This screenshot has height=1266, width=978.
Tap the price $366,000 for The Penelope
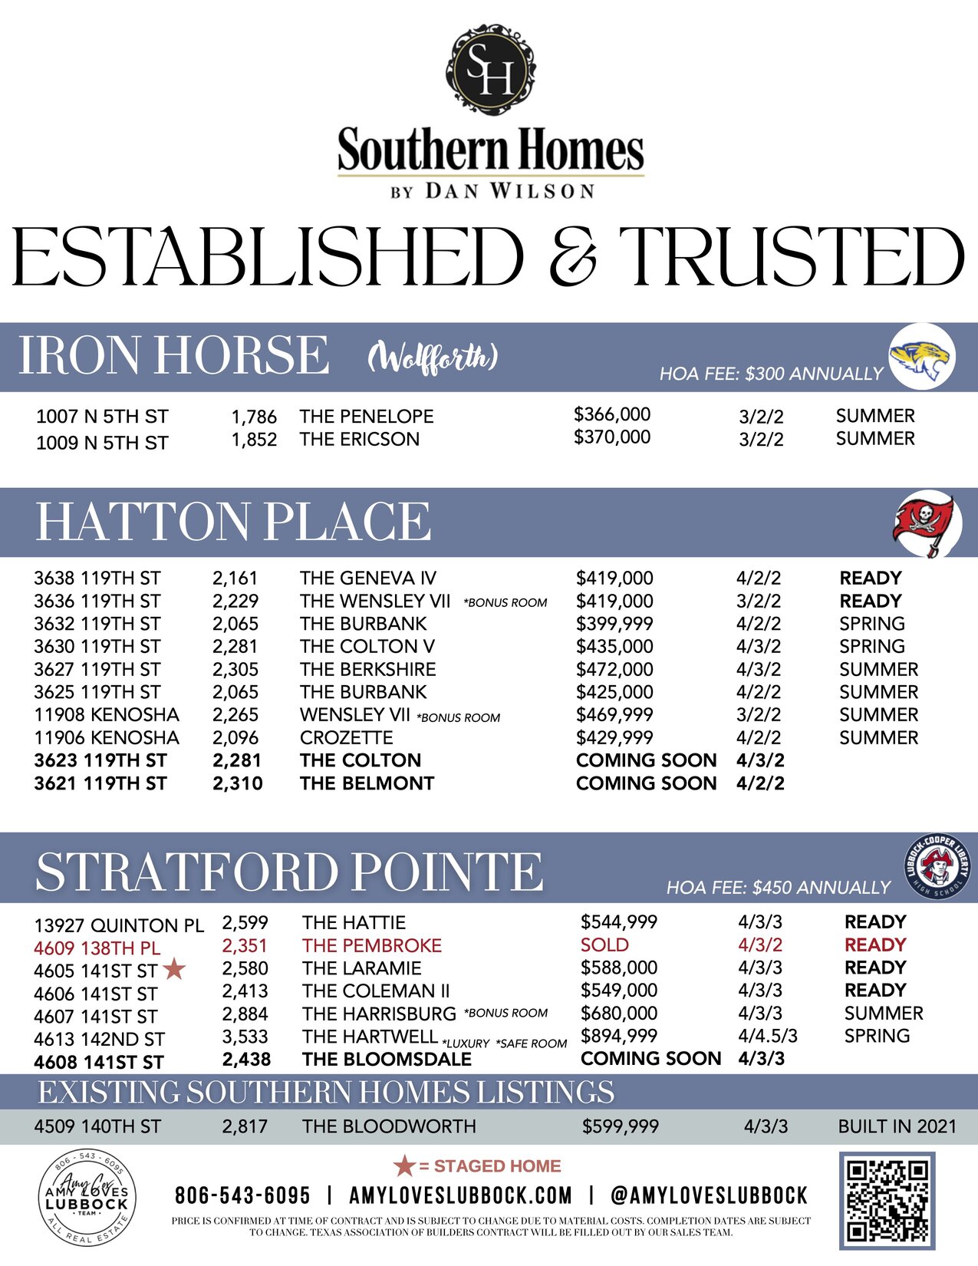tap(611, 414)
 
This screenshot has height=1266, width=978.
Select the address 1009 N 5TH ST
tap(102, 443)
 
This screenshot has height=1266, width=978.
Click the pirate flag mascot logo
tap(927, 523)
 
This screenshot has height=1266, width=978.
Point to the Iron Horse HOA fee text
tap(771, 374)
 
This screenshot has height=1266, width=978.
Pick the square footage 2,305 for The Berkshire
tap(235, 669)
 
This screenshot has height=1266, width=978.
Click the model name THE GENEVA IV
tap(367, 578)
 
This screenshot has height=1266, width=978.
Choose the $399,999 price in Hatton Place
tap(614, 624)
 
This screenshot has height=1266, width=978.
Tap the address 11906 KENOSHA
tap(107, 737)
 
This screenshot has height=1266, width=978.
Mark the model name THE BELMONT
tap(367, 783)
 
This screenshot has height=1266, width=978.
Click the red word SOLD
tap(604, 945)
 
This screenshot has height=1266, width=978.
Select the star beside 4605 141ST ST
tap(175, 969)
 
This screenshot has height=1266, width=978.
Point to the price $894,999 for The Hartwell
tap(618, 1036)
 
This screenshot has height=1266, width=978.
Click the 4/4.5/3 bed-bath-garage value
tap(768, 1036)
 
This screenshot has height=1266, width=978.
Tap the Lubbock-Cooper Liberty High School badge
tap(934, 867)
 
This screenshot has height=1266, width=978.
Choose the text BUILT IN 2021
tap(897, 1126)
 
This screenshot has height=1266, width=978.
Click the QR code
tap(887, 1200)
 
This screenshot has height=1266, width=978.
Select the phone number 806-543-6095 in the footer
tap(242, 1195)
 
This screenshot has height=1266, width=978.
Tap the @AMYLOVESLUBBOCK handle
tap(709, 1195)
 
